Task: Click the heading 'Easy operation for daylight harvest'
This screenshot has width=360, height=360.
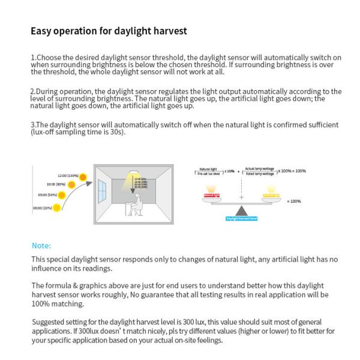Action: point(109,30)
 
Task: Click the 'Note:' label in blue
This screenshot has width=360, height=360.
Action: point(41,245)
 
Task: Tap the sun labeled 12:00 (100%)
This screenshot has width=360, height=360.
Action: point(83,176)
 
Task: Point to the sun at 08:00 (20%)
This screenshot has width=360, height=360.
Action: point(56,208)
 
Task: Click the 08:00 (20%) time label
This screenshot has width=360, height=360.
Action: point(42,208)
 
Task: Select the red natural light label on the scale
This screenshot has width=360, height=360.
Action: point(212,196)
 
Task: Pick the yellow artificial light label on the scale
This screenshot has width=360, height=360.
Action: point(271,196)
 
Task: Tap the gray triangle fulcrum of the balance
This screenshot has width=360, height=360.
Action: point(242,211)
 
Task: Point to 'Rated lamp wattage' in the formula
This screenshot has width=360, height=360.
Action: point(260,174)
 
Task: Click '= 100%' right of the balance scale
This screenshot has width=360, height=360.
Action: point(294,201)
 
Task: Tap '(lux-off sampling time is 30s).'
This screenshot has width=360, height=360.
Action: point(78,132)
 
